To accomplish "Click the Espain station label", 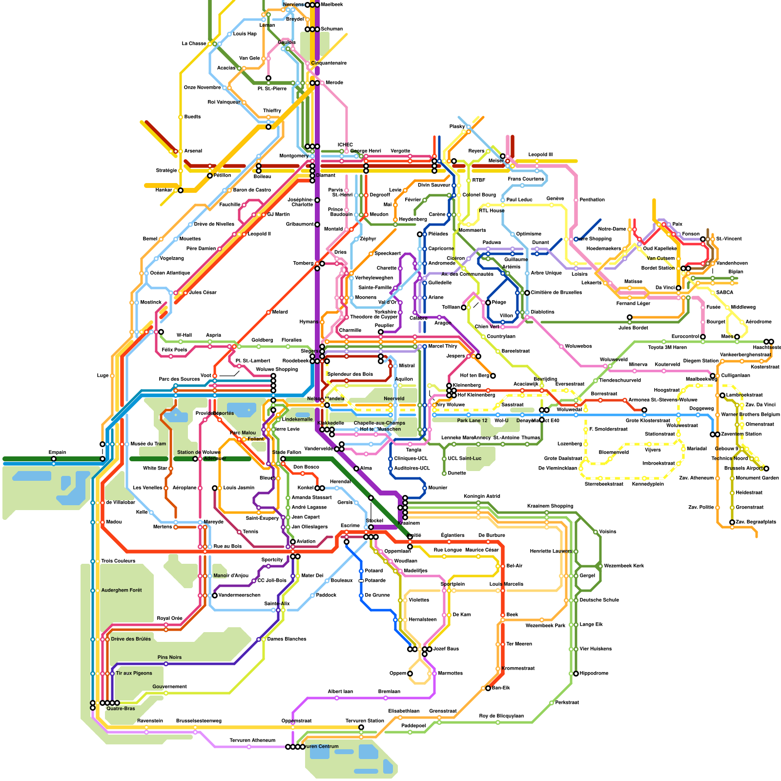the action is click(57, 452).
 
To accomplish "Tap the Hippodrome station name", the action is click(594, 673).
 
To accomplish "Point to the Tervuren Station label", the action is click(365, 720).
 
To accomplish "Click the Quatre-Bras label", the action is click(121, 708).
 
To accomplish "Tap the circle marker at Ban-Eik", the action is click(488, 688).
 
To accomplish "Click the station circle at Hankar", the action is click(181, 190).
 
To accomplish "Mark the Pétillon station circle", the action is click(210, 176).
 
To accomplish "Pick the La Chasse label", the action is click(194, 43).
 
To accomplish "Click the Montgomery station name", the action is click(294, 156).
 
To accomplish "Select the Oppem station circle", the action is click(410, 674).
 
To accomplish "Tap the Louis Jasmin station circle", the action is click(215, 488).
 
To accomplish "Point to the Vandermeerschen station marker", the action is click(215, 596).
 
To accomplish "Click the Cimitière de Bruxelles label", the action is click(556, 292).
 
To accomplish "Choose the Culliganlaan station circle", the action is click(713, 376).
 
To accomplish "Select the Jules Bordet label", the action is click(633, 328).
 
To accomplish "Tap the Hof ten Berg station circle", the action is click(493, 376).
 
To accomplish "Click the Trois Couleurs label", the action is click(118, 561).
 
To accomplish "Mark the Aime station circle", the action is click(356, 469).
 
